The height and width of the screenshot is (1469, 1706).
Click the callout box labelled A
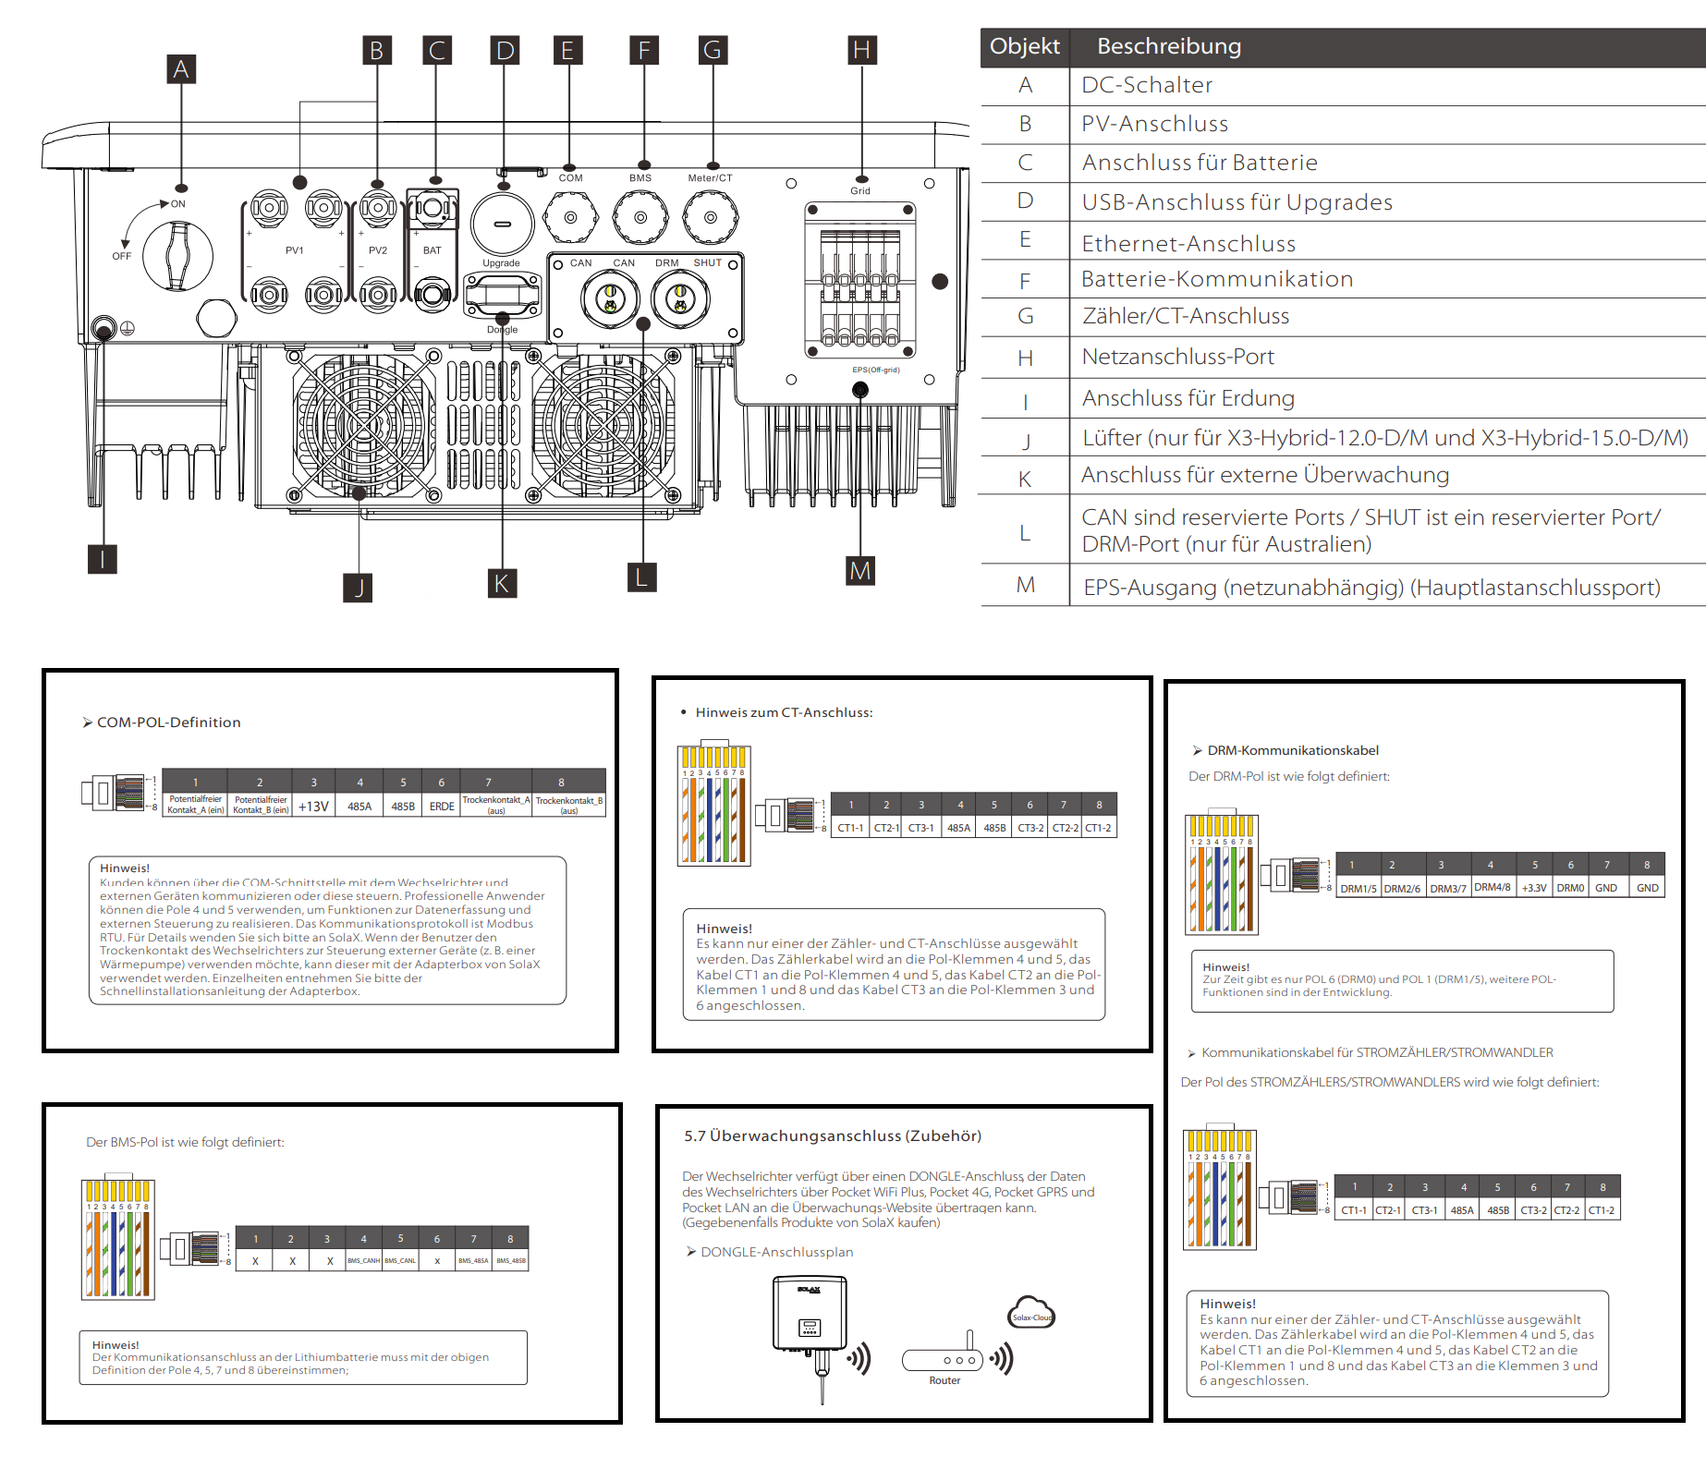181,69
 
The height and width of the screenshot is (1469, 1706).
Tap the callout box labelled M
860,571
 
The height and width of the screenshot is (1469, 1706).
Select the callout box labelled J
359,587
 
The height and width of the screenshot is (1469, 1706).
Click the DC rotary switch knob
177,255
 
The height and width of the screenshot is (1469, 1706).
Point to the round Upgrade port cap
503,224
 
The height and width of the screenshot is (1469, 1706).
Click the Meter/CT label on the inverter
710,178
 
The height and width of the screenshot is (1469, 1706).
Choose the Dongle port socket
502,297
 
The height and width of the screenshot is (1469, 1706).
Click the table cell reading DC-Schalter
1147,85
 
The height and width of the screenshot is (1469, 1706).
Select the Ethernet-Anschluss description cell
1188,243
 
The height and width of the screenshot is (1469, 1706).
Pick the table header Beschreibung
1169,46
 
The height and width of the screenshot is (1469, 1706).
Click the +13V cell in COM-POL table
313,807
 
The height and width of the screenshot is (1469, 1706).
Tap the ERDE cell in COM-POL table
442,807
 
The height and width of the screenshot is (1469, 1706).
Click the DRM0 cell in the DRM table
1570,888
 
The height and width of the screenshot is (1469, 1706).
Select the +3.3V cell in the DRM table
1534,888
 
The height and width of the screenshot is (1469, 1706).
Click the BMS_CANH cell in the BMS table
363,1260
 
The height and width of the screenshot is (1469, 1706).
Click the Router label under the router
944,1380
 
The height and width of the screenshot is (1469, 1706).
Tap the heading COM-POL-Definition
168,722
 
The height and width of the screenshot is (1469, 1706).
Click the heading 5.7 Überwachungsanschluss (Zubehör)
833,1135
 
